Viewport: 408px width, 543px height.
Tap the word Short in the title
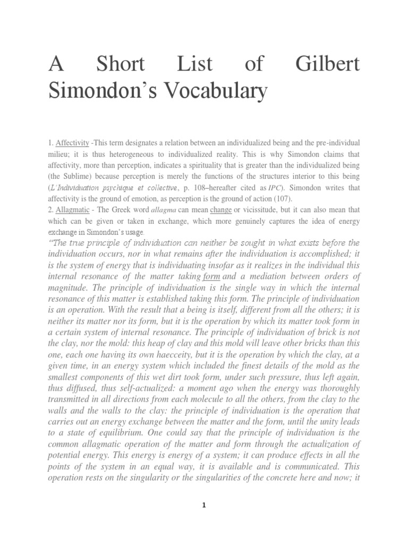[120, 64]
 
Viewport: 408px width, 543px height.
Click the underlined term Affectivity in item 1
[73, 144]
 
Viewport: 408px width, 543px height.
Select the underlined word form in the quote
[211, 276]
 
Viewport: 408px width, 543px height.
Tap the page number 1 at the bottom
[204, 505]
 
